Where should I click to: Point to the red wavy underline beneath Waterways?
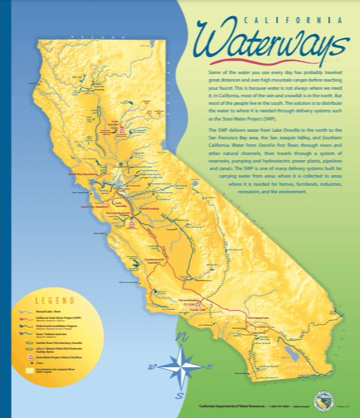[264, 61]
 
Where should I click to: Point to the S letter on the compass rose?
[180, 395]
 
